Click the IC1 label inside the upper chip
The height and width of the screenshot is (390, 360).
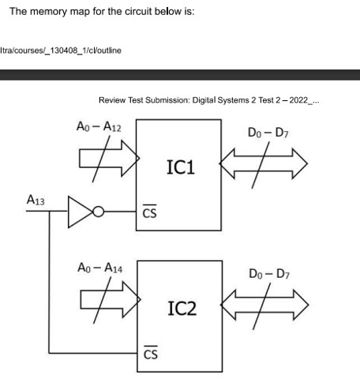coord(183,167)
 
